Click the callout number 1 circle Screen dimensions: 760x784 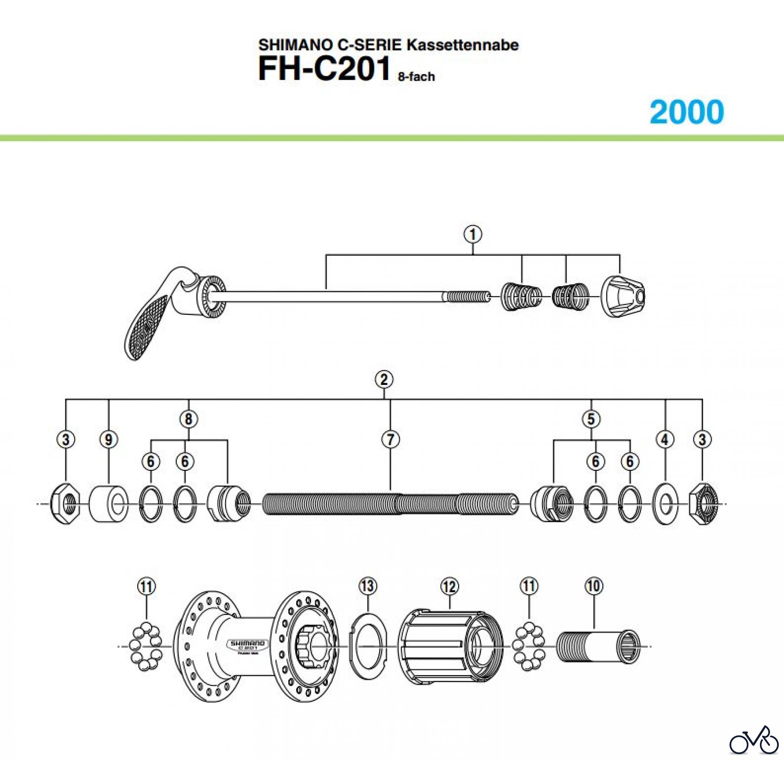pyautogui.click(x=473, y=234)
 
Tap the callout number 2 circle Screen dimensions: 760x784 pyautogui.click(x=384, y=379)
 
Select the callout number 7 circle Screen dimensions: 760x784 pyautogui.click(x=390, y=439)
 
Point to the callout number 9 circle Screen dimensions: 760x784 pyautogui.click(x=108, y=439)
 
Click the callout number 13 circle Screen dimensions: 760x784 pyautogui.click(x=368, y=586)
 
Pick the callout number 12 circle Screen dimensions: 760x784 pyautogui.click(x=449, y=586)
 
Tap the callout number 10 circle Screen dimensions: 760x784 pyautogui.click(x=594, y=586)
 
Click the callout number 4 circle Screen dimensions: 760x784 pyautogui.click(x=665, y=439)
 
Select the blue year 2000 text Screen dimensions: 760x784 pyautogui.click(x=686, y=112)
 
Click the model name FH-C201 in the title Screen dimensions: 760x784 pyautogui.click(x=324, y=69)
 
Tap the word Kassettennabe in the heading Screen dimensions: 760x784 pyautogui.click(x=463, y=45)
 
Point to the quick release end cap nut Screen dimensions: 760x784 pyautogui.click(x=623, y=297)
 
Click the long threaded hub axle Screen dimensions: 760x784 pyautogui.click(x=390, y=504)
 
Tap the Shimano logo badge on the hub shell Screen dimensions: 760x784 pyautogui.click(x=247, y=645)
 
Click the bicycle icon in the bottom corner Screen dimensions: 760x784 pyautogui.click(x=754, y=740)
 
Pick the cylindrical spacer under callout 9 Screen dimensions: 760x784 pyautogui.click(x=108, y=504)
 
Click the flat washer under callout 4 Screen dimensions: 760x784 pyautogui.click(x=665, y=504)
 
